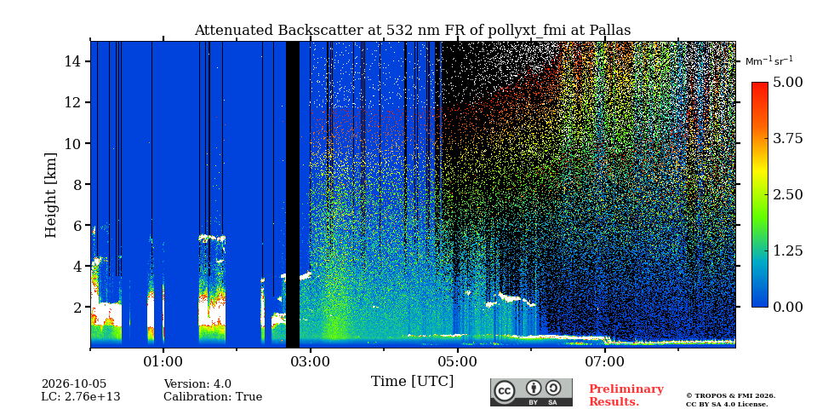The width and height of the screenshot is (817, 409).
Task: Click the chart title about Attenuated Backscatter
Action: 412,31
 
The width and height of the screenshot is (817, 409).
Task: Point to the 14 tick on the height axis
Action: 78,61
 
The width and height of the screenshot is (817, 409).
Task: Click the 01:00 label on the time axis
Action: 163,360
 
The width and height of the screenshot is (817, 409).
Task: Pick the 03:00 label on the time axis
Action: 311,360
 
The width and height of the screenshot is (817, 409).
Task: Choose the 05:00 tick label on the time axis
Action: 458,360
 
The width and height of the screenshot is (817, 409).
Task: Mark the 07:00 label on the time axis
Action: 605,360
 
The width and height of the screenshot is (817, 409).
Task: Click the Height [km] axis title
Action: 50,195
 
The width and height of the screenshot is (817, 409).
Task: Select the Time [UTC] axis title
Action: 412,382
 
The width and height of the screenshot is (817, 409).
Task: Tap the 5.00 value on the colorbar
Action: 788,83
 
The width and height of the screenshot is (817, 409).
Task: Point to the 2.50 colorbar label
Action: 788,194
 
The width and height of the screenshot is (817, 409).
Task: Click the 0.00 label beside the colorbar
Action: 788,307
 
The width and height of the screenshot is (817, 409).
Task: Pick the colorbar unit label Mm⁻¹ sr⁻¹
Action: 769,61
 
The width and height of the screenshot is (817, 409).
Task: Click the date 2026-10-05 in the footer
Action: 74,384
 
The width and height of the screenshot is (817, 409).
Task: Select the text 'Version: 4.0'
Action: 197,384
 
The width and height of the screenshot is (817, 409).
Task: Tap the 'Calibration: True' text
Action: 213,397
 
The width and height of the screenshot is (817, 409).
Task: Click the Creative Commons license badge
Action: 531,392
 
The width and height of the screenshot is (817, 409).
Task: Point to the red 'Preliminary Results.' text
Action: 626,395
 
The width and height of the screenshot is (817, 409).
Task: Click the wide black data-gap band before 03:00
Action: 293,194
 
